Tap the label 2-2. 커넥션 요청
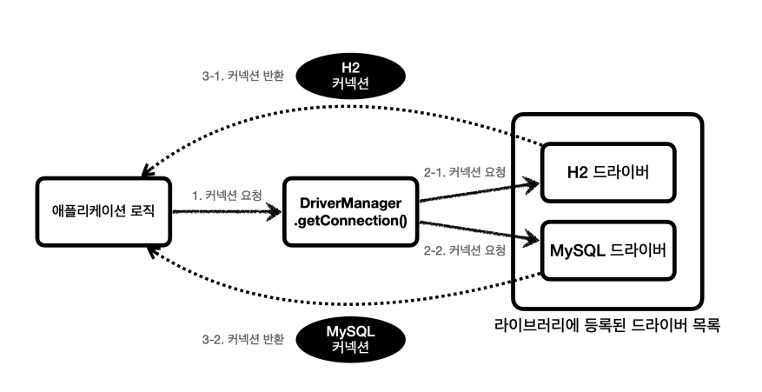point(465,251)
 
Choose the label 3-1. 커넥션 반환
point(237,76)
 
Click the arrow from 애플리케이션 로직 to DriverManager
point(228,210)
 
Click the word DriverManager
point(350,203)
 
